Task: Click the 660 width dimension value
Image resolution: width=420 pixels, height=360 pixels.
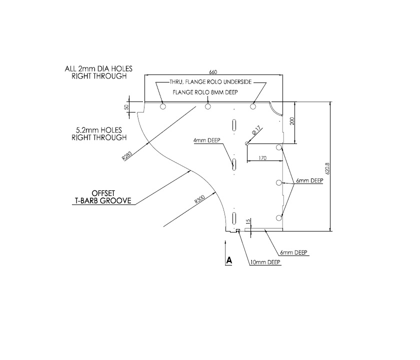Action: (x=213, y=71)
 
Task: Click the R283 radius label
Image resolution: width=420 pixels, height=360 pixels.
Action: (x=126, y=156)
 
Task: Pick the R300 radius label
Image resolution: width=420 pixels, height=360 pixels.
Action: (x=200, y=200)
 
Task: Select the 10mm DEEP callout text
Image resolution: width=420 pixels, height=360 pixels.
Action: (x=265, y=262)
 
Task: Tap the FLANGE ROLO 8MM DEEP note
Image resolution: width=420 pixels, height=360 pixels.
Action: (x=204, y=92)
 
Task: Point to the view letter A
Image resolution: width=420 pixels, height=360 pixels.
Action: (x=229, y=260)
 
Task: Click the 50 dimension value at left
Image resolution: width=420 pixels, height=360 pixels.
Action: (x=127, y=106)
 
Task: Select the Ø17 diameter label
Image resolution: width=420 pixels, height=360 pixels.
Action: (x=255, y=132)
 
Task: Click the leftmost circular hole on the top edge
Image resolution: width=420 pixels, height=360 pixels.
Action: (x=162, y=106)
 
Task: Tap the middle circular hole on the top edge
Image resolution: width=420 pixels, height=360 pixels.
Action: (x=207, y=106)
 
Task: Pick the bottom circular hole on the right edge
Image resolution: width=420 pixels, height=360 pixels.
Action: (x=279, y=218)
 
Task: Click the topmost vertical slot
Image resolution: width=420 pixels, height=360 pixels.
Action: (x=233, y=125)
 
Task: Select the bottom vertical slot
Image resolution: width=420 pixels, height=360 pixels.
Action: (x=233, y=218)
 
